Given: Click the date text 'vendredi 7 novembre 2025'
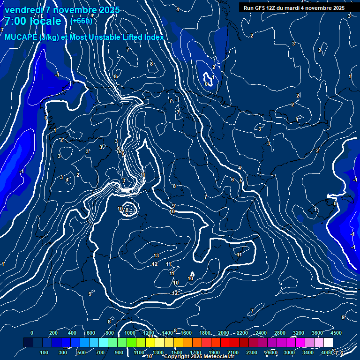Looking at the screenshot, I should pyautogui.click(x=62, y=10).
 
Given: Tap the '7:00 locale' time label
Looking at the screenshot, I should pyautogui.click(x=33, y=22).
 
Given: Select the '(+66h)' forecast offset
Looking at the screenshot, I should pyautogui.click(x=81, y=21).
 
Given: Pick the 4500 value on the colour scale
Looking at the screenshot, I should pyautogui.click(x=336, y=333).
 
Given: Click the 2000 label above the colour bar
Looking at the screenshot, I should pyautogui.click(x=224, y=333).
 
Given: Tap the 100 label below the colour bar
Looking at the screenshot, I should pyautogui.click(x=45, y=352).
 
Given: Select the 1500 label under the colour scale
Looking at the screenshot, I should pyautogui.click(x=177, y=352).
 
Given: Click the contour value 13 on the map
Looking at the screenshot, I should pyautogui.click(x=157, y=255).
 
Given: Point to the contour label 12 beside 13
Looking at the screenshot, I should pyautogui.click(x=155, y=264).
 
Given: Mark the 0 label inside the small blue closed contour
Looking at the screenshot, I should pyautogui.click(x=207, y=84).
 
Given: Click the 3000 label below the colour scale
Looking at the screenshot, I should pyautogui.click(x=289, y=352).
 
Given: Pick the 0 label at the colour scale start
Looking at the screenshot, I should pyautogui.click(x=32, y=333).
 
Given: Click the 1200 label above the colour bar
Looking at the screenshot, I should pyautogui.click(x=148, y=333).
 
